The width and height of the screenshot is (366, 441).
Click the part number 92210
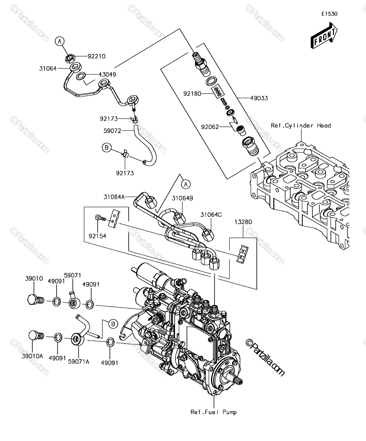(96, 56)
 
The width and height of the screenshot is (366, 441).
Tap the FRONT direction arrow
(324, 36)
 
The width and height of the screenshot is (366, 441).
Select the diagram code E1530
(330, 14)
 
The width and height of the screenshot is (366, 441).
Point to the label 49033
(259, 98)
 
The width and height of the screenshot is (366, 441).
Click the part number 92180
(192, 94)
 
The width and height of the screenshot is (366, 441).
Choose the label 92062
(210, 127)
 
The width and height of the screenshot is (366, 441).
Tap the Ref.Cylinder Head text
(301, 126)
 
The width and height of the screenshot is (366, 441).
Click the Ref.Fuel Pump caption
(214, 412)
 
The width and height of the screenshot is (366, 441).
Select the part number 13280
(243, 222)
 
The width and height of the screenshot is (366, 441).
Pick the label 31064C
(211, 215)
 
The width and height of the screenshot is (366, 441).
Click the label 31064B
(182, 198)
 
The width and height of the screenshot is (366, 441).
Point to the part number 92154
(97, 236)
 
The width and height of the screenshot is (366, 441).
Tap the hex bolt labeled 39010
(36, 299)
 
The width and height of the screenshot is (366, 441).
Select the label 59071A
(78, 362)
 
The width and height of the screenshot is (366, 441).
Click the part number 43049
(107, 75)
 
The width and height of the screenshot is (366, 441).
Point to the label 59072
(112, 131)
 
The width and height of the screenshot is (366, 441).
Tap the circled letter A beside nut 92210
(60, 42)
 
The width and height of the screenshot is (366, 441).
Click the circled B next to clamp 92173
(107, 147)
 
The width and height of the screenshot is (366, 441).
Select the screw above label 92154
(100, 218)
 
